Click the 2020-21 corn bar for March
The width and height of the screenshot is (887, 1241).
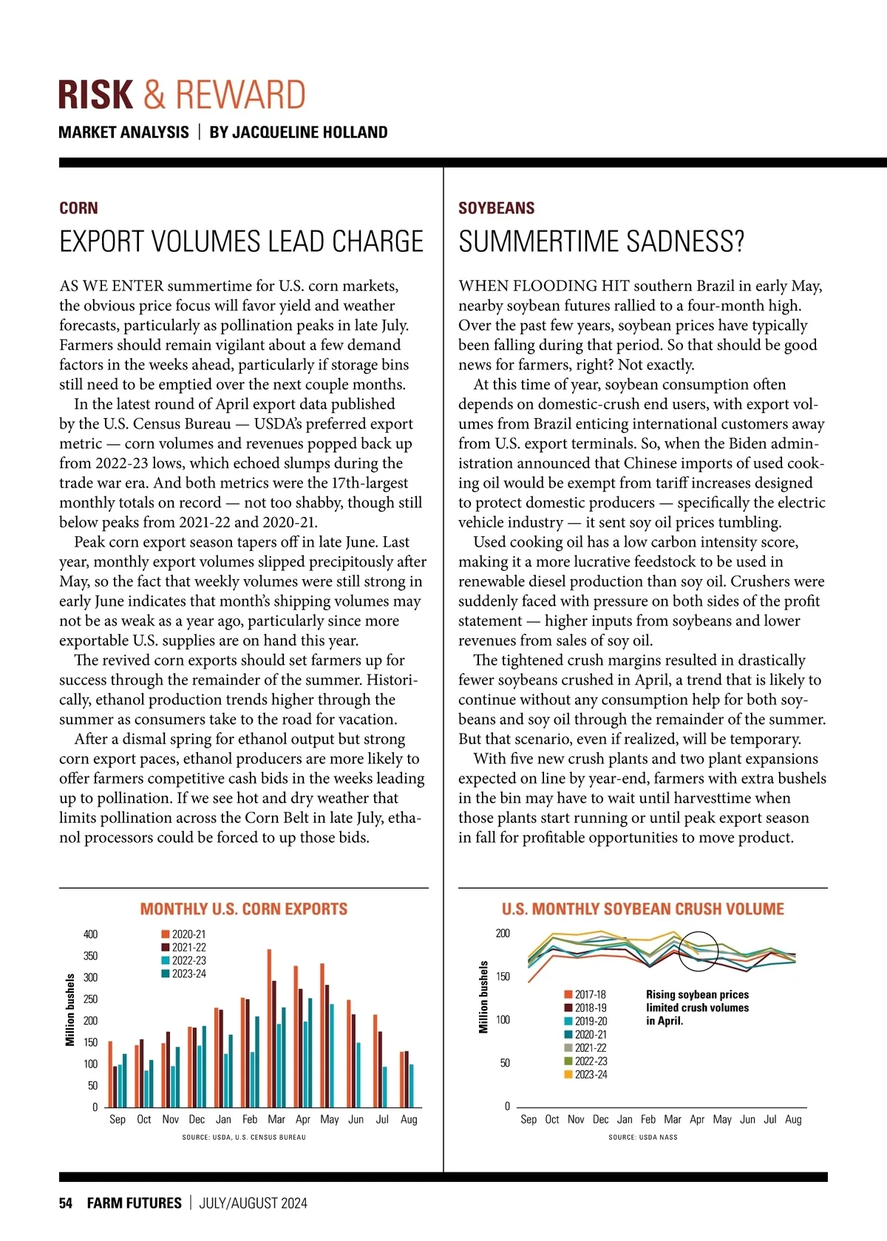269,1028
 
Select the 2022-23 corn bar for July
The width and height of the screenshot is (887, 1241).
385,1087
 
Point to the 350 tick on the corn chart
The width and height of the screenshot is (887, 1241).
90,956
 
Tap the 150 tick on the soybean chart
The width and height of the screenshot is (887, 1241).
503,977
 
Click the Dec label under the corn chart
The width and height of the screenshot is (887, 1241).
197,1120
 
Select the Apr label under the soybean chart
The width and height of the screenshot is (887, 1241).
697,1120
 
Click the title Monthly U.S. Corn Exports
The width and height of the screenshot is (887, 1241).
244,909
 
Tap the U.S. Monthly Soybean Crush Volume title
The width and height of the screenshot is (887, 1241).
642,909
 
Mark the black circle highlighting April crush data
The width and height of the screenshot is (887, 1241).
699,950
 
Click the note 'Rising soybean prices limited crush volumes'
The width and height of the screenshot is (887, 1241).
697,1001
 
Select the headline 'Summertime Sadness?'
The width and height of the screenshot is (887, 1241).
601,242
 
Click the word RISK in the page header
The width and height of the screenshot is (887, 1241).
95,95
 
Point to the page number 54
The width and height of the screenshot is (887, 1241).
66,1203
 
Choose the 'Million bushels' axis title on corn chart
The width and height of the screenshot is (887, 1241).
70,1010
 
